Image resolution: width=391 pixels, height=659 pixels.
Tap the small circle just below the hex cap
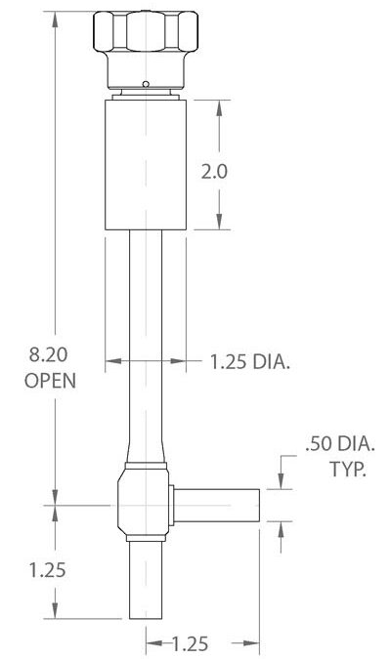pyautogui.click(x=145, y=84)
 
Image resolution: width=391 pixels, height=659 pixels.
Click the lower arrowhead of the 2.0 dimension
pyautogui.click(x=218, y=224)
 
